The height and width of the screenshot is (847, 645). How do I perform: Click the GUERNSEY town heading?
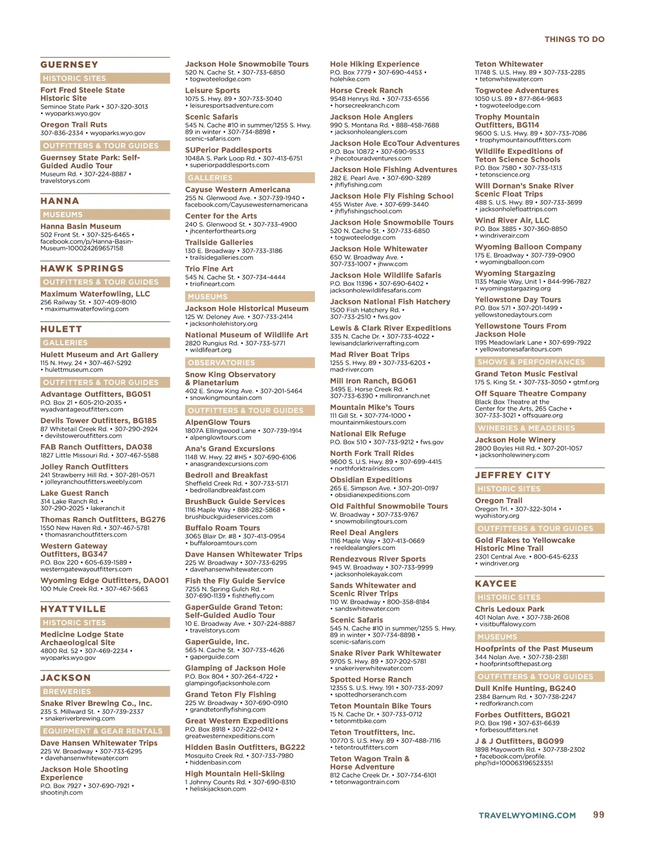69,65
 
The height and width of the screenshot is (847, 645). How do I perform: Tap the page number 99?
598,815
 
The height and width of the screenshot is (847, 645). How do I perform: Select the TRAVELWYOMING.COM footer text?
527,815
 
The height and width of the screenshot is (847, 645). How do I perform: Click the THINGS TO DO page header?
574,39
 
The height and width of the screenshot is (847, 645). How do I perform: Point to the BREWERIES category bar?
105,692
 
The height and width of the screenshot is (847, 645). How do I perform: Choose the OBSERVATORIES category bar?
250,362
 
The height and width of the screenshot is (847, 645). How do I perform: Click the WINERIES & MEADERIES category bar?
539,428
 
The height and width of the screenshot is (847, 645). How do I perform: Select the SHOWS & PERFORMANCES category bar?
539,362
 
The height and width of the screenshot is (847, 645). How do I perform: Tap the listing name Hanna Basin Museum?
81,226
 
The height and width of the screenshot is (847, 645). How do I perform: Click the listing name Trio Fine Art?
209,269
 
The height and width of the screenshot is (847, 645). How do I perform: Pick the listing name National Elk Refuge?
368,433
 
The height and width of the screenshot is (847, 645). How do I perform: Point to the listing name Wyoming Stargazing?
515,273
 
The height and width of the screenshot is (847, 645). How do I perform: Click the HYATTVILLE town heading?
73,609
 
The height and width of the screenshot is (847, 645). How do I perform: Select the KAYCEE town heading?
496,583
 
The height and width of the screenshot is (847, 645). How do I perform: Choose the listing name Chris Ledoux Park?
510,609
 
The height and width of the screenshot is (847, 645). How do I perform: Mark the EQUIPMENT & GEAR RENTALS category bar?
105,731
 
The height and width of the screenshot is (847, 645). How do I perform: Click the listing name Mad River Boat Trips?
369,354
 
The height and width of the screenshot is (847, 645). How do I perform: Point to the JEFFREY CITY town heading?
513,475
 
